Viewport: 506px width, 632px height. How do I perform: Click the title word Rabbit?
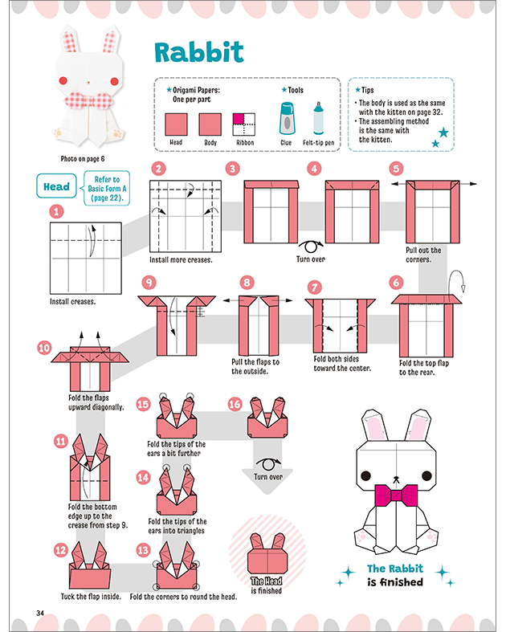point(198,52)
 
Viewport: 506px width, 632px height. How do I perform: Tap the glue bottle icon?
point(287,119)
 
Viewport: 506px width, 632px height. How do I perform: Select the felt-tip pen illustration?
point(318,118)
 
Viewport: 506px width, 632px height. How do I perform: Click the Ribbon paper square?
point(244,124)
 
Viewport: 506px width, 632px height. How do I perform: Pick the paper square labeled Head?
point(176,124)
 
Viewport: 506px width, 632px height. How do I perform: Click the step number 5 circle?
point(396,169)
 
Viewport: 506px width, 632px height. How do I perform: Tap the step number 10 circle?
point(44,348)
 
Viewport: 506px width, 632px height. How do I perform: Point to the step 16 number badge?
point(235,404)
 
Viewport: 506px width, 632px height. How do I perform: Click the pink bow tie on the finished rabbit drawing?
point(396,495)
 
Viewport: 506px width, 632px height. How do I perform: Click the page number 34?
point(40,613)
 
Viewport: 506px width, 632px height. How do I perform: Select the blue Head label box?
point(56,186)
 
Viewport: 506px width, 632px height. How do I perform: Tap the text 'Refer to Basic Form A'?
point(107,184)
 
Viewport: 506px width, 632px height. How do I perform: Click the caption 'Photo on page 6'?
point(83,159)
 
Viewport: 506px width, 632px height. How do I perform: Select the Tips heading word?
point(367,90)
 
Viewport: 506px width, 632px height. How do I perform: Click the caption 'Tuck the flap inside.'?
point(91,597)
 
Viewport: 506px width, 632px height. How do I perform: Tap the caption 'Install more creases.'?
point(181,260)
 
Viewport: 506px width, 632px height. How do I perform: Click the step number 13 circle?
point(143,550)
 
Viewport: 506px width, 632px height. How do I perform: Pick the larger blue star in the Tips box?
point(443,133)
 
